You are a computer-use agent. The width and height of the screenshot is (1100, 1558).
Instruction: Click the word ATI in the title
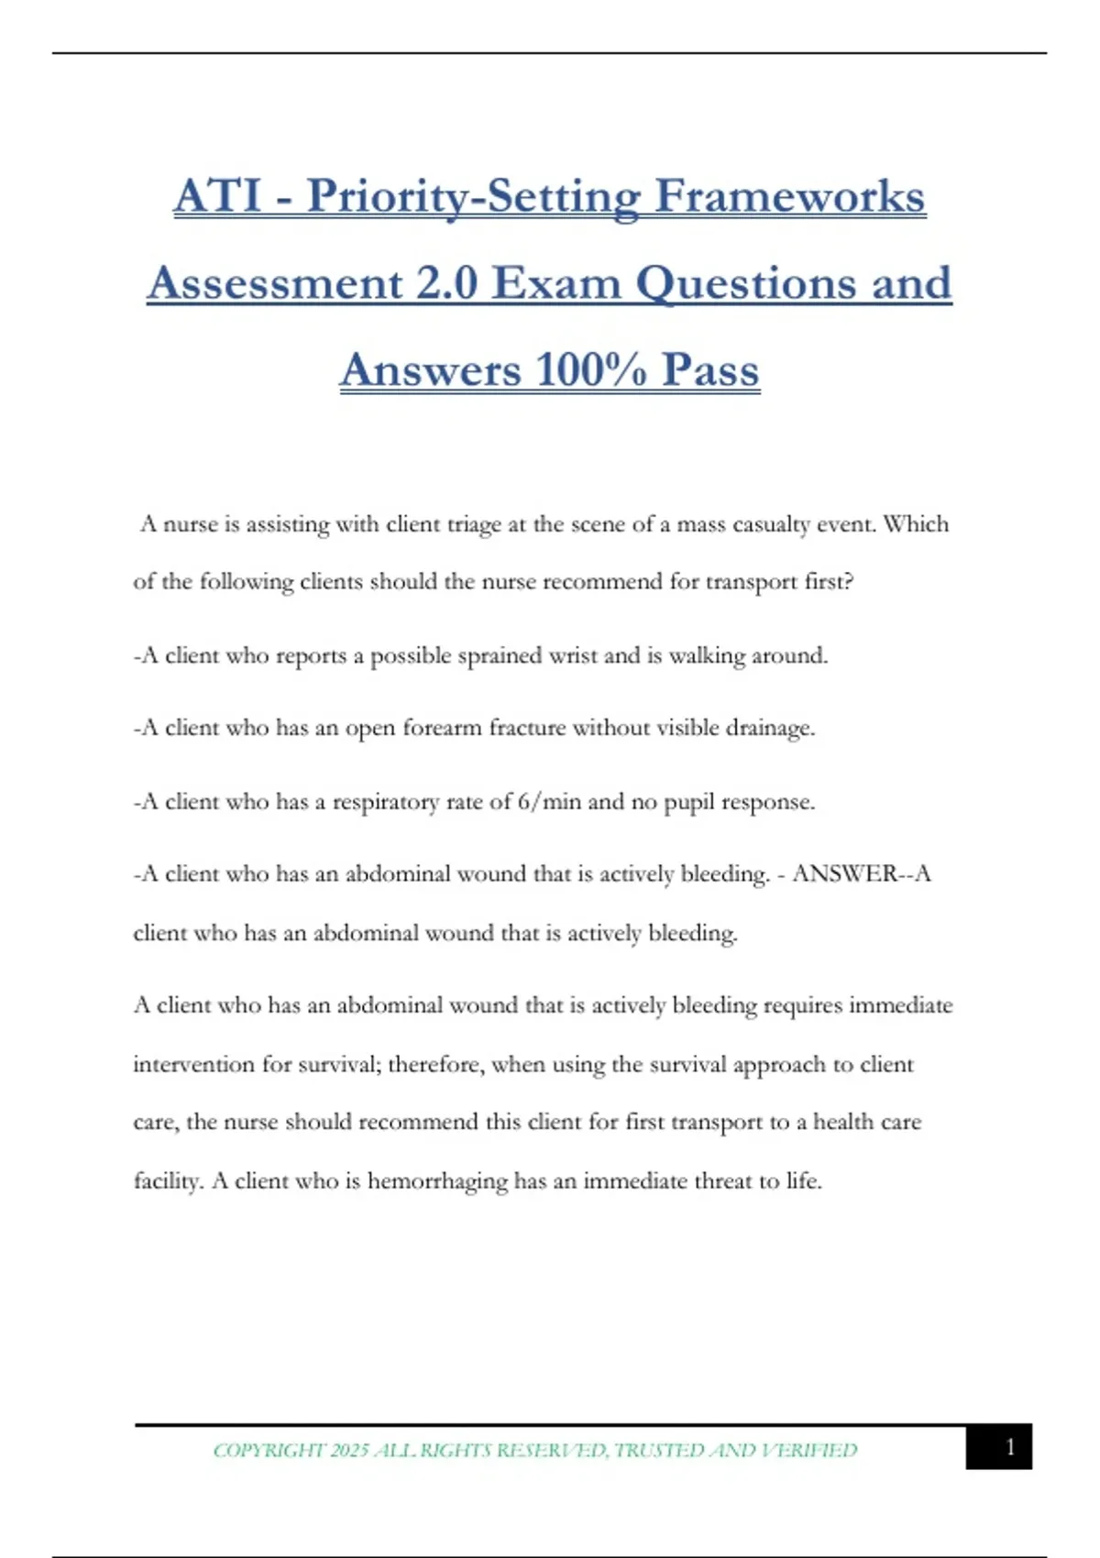click(217, 196)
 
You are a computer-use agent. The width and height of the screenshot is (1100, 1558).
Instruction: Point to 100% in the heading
click(590, 369)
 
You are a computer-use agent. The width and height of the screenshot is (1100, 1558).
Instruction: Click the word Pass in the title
click(710, 369)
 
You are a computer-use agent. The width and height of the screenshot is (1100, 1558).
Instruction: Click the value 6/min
click(549, 802)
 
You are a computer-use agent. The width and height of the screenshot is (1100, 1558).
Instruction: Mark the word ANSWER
click(844, 873)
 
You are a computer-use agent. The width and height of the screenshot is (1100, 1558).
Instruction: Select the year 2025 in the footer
click(349, 1450)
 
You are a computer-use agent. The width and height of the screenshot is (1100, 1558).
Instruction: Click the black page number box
click(998, 1446)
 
